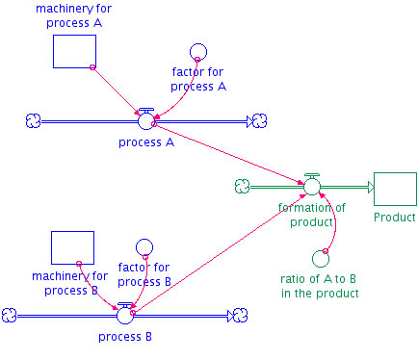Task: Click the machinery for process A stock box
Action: point(74,51)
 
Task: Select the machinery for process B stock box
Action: point(72,247)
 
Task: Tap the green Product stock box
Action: point(394,189)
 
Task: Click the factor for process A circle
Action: point(197,52)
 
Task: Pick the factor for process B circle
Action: point(144,248)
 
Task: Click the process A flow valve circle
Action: point(146,120)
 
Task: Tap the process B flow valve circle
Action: point(124,315)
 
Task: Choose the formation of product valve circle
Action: point(311,187)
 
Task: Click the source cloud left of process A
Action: point(35,121)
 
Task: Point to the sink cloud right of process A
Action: point(257,121)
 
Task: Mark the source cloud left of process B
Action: point(11,315)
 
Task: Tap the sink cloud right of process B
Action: point(239,315)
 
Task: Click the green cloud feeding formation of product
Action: point(242,187)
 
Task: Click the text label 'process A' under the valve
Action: point(146,142)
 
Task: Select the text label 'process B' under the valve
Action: point(124,337)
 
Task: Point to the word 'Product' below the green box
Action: point(395,218)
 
